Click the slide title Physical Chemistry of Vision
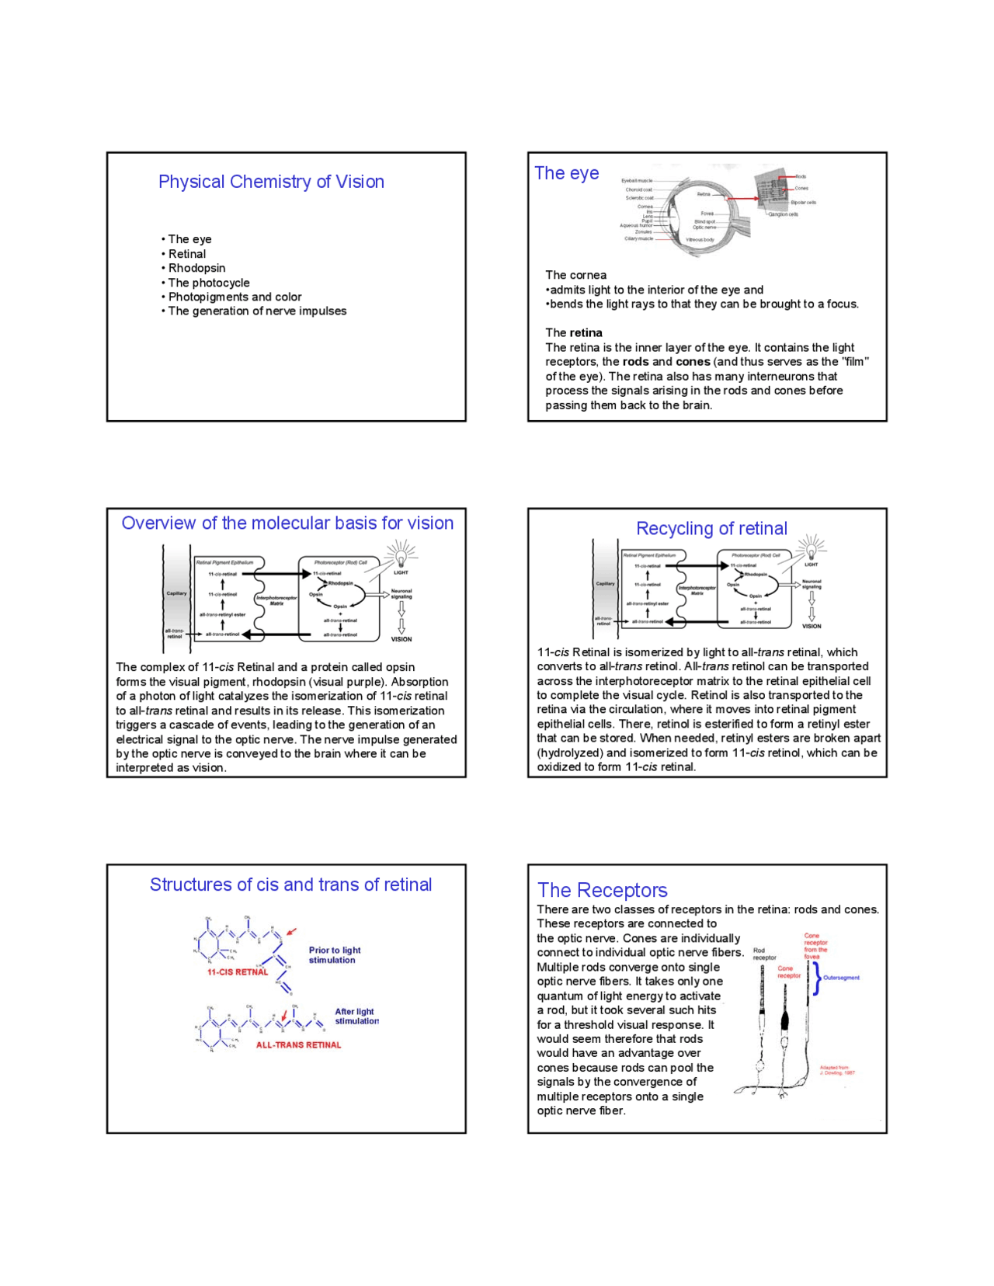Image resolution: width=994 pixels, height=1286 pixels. (271, 182)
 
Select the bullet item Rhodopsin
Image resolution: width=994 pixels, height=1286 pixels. (196, 268)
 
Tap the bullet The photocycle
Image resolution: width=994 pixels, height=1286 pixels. (208, 283)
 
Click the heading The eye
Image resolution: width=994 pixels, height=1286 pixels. (567, 173)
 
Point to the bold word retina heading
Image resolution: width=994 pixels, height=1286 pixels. (586, 332)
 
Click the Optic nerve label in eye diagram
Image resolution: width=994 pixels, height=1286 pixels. (704, 228)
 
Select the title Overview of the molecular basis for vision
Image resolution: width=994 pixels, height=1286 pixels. (287, 523)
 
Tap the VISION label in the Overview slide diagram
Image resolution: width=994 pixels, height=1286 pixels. (401, 639)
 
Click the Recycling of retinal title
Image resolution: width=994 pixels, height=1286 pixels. (711, 529)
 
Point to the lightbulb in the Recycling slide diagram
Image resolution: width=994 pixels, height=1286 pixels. (812, 548)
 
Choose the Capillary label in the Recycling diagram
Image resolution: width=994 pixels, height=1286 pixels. (605, 583)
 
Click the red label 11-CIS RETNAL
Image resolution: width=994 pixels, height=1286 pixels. (237, 972)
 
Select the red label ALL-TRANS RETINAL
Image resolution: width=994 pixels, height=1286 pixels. (298, 1045)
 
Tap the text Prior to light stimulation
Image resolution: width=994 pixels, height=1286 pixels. (334, 955)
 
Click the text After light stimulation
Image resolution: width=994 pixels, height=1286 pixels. (356, 1017)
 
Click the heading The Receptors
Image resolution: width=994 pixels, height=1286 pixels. (602, 891)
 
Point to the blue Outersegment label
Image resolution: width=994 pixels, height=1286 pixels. (841, 978)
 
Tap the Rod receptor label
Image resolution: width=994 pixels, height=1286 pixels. (763, 954)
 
